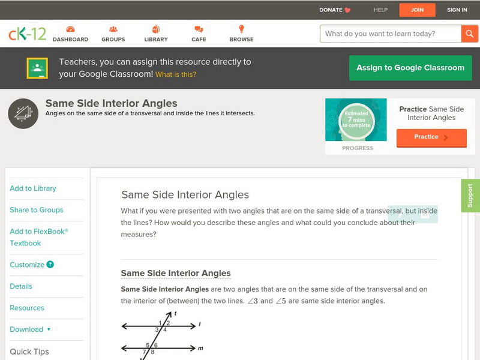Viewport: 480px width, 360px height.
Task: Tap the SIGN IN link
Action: click(x=457, y=10)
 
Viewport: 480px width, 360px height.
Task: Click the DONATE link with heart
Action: click(x=335, y=10)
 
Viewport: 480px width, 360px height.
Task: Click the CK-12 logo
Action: click(x=27, y=34)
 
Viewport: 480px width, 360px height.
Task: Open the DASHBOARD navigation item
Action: click(x=70, y=34)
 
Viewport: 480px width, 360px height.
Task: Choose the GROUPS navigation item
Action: click(x=113, y=34)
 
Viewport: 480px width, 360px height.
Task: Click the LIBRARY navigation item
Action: click(x=156, y=34)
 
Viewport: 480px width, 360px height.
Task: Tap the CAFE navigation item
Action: click(x=199, y=34)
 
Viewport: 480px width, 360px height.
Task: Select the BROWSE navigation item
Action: click(x=241, y=34)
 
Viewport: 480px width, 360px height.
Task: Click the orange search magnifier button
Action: click(x=469, y=34)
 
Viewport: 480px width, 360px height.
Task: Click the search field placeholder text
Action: click(x=380, y=34)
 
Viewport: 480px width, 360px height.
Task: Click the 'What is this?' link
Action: click(x=176, y=74)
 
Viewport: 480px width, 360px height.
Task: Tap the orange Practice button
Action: click(x=431, y=137)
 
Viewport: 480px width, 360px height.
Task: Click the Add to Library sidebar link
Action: click(x=33, y=188)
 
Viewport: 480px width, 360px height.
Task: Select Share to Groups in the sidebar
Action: click(x=37, y=210)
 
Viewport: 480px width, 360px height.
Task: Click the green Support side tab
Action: click(x=470, y=196)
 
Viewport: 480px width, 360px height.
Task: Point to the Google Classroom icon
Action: click(x=37, y=68)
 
